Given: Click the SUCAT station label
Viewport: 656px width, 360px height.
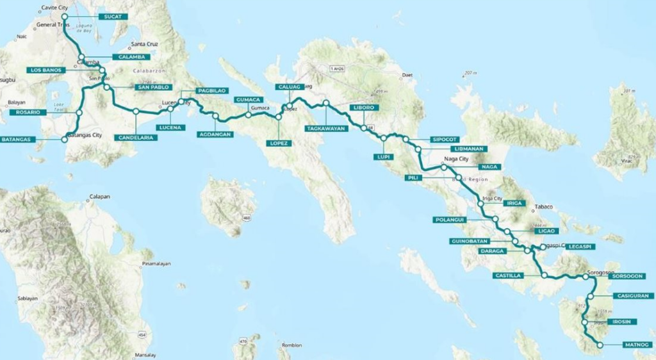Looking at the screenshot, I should (113, 16).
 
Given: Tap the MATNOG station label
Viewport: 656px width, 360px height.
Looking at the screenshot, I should (637, 345).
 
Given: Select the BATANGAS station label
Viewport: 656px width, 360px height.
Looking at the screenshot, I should (16, 139).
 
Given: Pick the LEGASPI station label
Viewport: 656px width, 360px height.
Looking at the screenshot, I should (581, 247).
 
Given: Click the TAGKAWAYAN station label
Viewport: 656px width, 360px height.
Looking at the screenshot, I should (326, 128).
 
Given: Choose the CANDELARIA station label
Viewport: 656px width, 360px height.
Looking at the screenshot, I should (136, 137).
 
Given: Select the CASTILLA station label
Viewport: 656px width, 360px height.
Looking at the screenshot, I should (509, 275).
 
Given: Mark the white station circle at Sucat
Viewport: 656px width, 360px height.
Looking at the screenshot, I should (64, 17).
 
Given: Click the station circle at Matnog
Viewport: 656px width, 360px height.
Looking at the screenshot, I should (600, 345).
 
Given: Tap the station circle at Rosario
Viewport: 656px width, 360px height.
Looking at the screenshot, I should (79, 113).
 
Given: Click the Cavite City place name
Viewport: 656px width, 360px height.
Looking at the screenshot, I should (54, 8).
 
